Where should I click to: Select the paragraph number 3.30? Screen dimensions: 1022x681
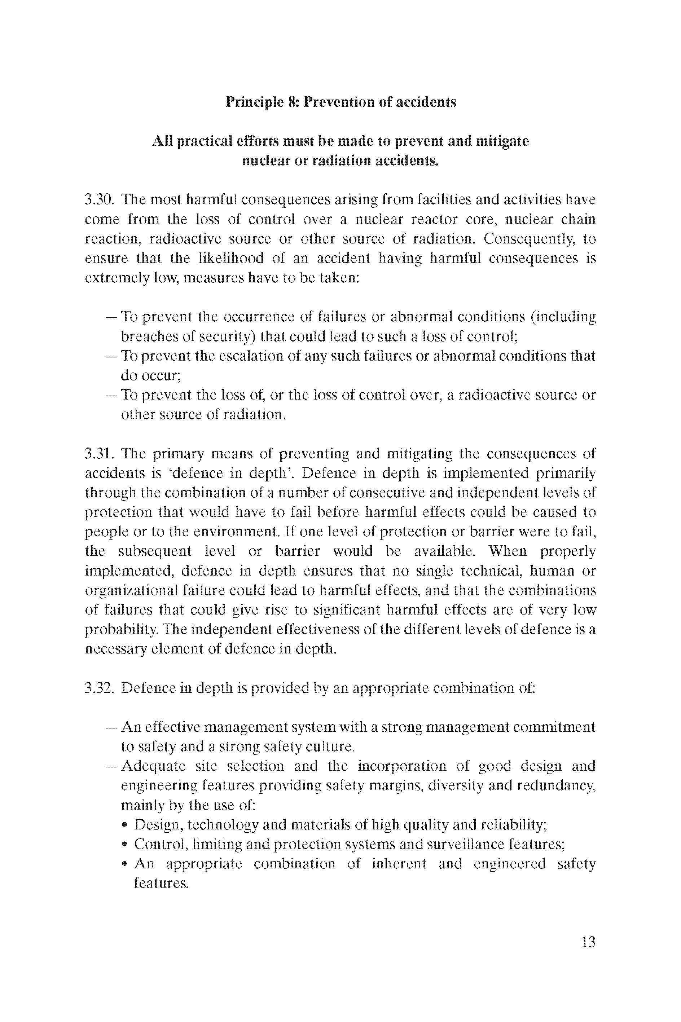[100, 200]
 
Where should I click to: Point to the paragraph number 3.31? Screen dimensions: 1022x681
[100, 454]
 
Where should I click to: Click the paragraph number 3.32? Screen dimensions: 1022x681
[100, 688]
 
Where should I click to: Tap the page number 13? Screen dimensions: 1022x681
[588, 942]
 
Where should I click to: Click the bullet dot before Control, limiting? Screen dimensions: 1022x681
[125, 845]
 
